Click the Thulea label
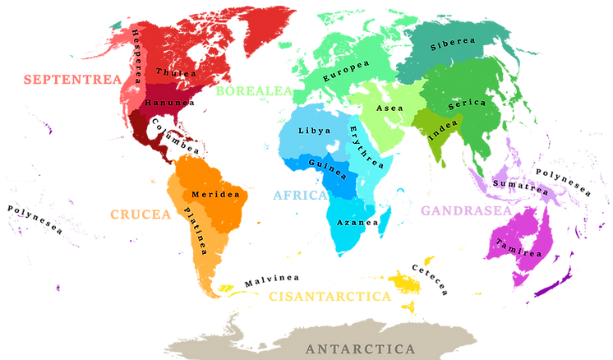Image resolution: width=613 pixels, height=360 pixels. pyautogui.click(x=176, y=72)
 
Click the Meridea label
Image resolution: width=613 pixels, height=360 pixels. pyautogui.click(x=214, y=195)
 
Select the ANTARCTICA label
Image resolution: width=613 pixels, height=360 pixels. pyautogui.click(x=360, y=349)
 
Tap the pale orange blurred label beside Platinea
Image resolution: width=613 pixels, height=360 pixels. pyautogui.click(x=140, y=214)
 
